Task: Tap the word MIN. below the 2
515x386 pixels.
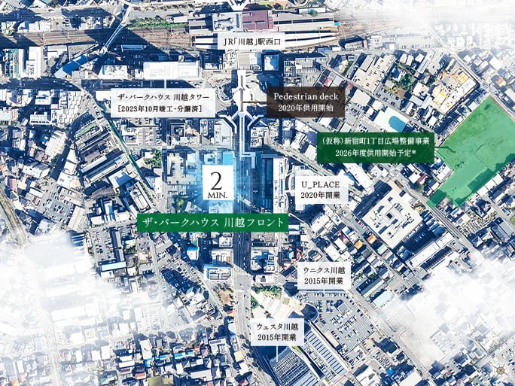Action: tap(216, 195)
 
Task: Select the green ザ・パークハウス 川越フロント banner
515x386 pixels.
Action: tap(212, 223)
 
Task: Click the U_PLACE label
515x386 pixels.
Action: tap(320, 184)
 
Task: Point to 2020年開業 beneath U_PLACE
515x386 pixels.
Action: tap(320, 195)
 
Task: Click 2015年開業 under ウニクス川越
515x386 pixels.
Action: tap(324, 281)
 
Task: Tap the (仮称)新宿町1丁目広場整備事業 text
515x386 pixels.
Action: tap(375, 141)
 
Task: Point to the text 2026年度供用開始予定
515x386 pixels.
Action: tap(375, 154)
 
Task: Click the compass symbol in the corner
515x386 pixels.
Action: tap(501, 371)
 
